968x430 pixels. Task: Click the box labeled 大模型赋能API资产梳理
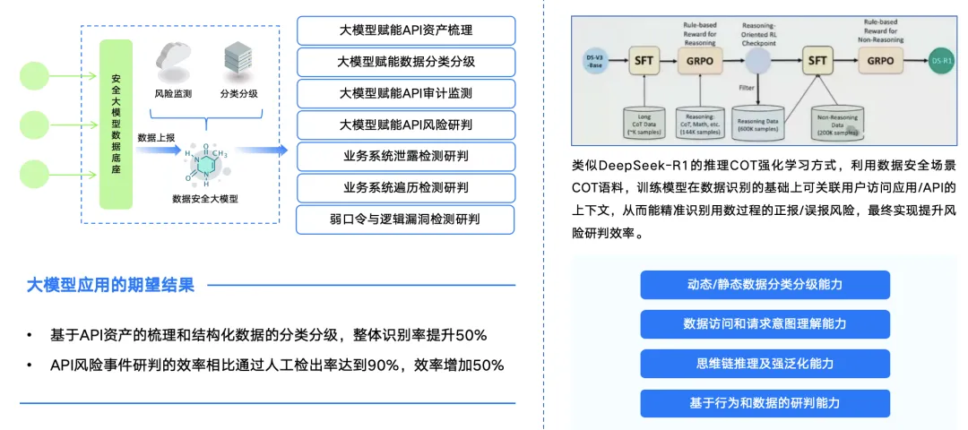pyautogui.click(x=406, y=30)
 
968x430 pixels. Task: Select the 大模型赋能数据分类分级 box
pyautogui.click(x=406, y=62)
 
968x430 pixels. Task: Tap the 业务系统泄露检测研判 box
pyautogui.click(x=406, y=156)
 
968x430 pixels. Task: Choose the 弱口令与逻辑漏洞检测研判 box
pyautogui.click(x=406, y=219)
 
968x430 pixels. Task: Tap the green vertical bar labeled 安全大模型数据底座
pyautogui.click(x=117, y=123)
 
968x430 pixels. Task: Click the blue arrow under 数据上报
pyautogui.click(x=158, y=151)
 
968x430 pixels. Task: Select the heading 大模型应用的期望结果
pyautogui.click(x=110, y=286)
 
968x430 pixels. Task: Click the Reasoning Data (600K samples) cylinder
pyautogui.click(x=758, y=121)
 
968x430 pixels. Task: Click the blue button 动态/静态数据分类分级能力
pyautogui.click(x=765, y=285)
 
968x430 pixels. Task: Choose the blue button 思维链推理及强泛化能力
pyautogui.click(x=765, y=363)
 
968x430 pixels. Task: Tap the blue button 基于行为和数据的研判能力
pyautogui.click(x=765, y=402)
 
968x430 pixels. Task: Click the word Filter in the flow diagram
pyautogui.click(x=746, y=88)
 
